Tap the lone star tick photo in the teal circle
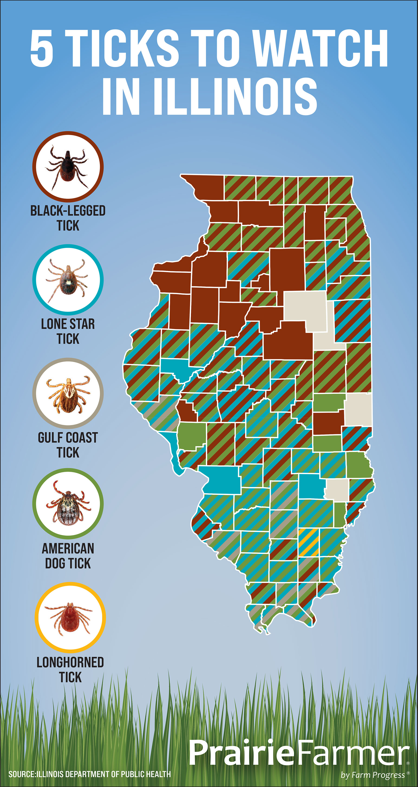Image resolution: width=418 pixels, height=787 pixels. pos(68,280)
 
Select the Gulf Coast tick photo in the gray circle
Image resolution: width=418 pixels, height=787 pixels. pos(68,393)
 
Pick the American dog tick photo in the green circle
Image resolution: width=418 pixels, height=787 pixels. pos(68,504)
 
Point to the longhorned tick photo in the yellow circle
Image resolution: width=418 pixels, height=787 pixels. pos(70,618)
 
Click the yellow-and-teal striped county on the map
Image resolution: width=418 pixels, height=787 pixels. pos(309,543)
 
